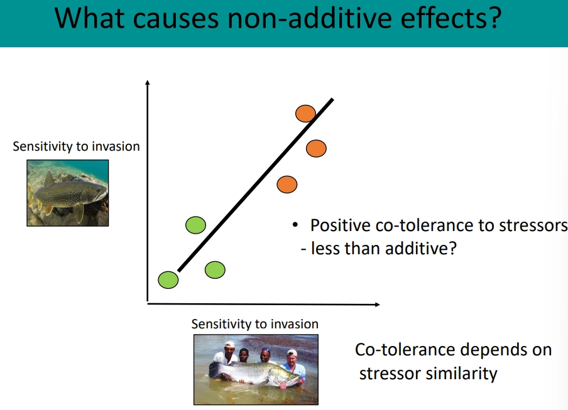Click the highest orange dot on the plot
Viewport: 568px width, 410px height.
(305, 113)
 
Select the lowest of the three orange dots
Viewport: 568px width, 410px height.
(287, 185)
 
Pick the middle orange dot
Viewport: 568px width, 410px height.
(316, 149)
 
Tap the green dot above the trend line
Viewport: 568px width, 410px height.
(196, 224)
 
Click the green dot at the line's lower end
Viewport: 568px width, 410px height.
(168, 279)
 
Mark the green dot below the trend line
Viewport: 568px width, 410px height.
(215, 270)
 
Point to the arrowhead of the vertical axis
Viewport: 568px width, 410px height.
(147, 82)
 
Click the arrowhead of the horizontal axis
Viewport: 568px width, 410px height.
(377, 305)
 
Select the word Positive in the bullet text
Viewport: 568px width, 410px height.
(340, 226)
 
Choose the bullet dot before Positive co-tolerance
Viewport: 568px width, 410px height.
(293, 226)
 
